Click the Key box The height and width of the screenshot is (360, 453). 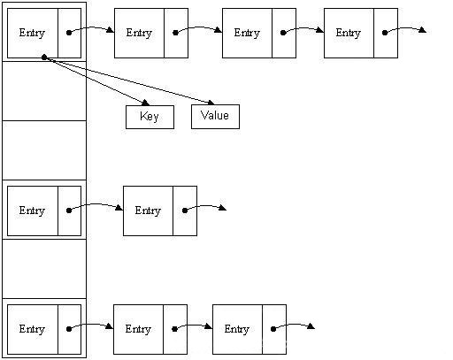pos(150,117)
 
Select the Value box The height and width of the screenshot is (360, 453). pos(215,116)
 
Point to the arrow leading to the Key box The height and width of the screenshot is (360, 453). pos(97,84)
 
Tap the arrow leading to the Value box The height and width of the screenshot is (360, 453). pos(133,81)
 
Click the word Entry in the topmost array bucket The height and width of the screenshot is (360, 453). pos(32,33)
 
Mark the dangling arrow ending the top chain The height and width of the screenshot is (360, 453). pos(407,30)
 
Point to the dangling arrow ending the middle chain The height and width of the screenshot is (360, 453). pos(207,209)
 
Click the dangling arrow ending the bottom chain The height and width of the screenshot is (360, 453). pos(296,326)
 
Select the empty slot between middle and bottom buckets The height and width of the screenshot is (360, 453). pos(44,268)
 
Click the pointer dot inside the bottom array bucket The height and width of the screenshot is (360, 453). pos(69,329)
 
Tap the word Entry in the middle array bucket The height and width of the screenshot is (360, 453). pos(32,211)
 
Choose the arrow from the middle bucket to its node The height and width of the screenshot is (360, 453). pos(96,208)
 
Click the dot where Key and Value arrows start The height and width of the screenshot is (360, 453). pos(43,57)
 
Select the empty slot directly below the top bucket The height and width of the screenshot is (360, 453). pos(44,90)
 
